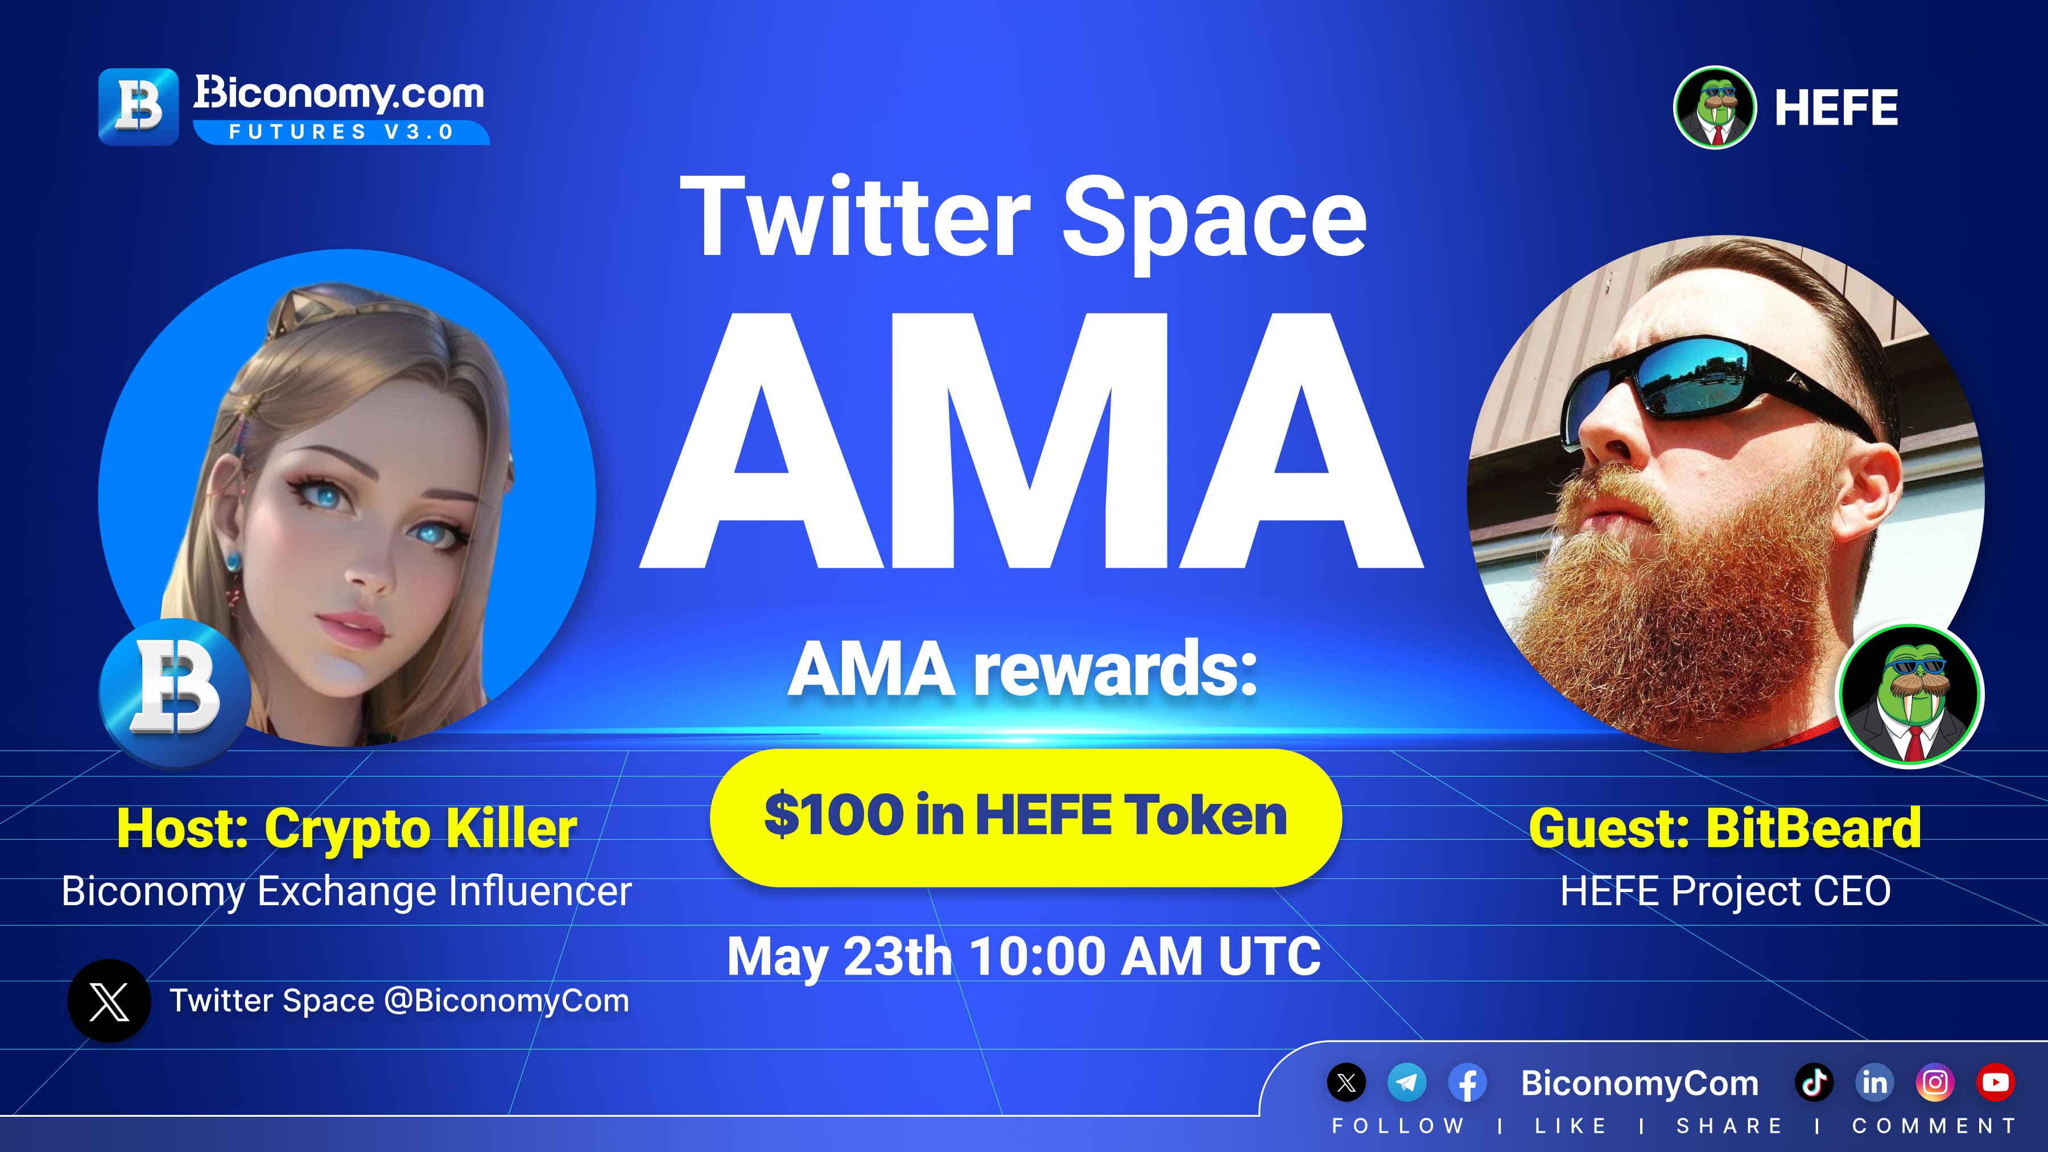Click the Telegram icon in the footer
pyautogui.click(x=1406, y=1082)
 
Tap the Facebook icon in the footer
pyautogui.click(x=1467, y=1082)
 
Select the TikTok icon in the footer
pyautogui.click(x=1814, y=1082)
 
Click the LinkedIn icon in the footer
pyautogui.click(x=1874, y=1082)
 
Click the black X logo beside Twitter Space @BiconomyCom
pyautogui.click(x=109, y=1001)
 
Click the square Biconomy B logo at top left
pyautogui.click(x=138, y=106)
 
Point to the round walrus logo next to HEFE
pyautogui.click(x=1715, y=108)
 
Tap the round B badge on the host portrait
pyautogui.click(x=175, y=693)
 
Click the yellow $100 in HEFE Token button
pyautogui.click(x=1026, y=817)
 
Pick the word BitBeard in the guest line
pyautogui.click(x=1814, y=828)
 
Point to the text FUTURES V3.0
pyautogui.click(x=341, y=132)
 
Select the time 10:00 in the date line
pyautogui.click(x=1038, y=956)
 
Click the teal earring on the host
pyautogui.click(x=232, y=561)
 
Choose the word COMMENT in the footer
pyautogui.click(x=1934, y=1126)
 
